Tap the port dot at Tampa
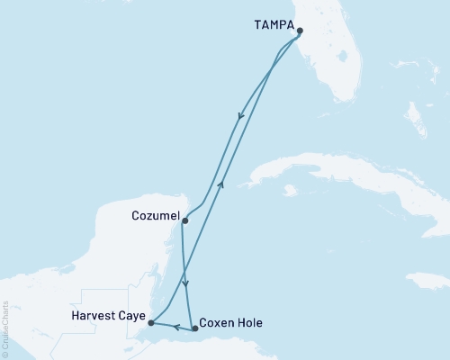pyautogui.click(x=301, y=40)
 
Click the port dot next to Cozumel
pyautogui.click(x=184, y=220)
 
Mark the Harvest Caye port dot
pyautogui.click(x=151, y=322)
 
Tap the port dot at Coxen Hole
pyautogui.click(x=195, y=329)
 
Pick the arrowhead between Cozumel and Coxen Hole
pyautogui.click(x=185, y=283)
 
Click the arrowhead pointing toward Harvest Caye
pyautogui.click(x=175, y=327)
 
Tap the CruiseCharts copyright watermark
pyautogui.click(x=5, y=329)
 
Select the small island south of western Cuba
pyautogui.click(x=289, y=191)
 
